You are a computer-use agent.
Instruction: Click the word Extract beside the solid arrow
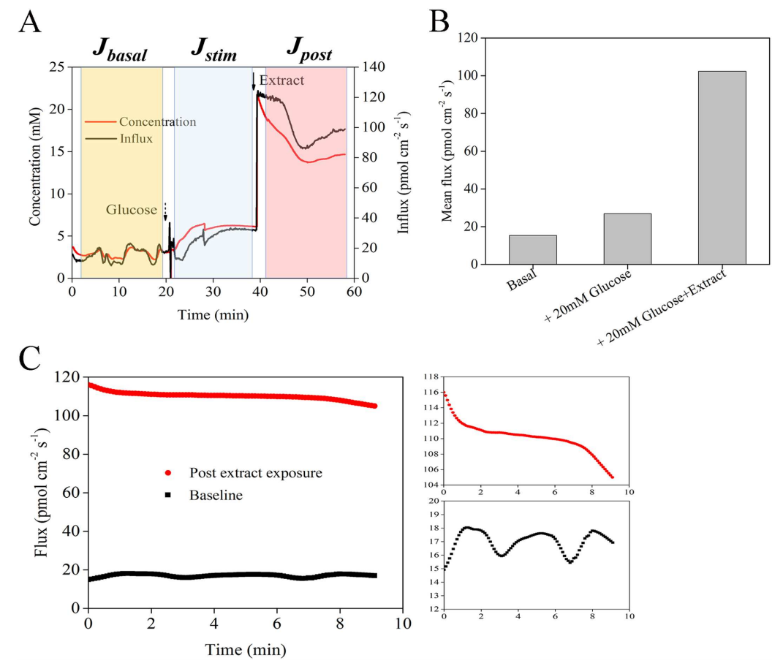[281, 80]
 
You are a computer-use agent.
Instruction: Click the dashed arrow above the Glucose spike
[165, 212]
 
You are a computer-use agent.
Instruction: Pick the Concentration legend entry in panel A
[157, 122]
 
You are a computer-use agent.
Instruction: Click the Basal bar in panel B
[533, 249]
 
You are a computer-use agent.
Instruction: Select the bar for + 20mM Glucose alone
[627, 238]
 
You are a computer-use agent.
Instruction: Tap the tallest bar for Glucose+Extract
[722, 167]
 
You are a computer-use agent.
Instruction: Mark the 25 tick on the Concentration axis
[57, 67]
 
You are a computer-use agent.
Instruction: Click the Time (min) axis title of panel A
[213, 315]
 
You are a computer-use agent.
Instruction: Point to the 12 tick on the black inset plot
[434, 608]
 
